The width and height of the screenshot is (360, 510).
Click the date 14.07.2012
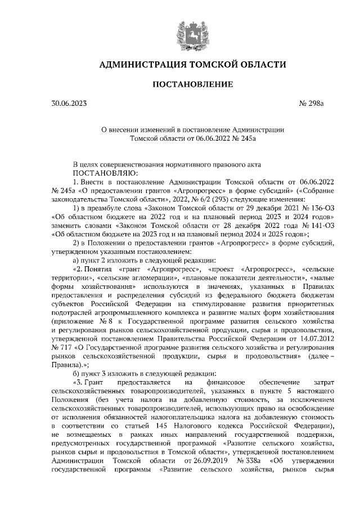point(317,339)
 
